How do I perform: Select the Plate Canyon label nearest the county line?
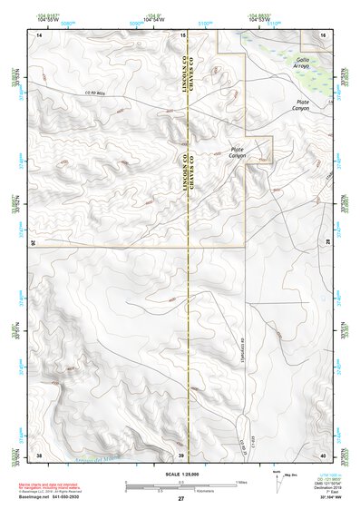[237, 153]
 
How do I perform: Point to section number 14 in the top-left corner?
[38, 34]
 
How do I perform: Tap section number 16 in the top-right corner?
[323, 34]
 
